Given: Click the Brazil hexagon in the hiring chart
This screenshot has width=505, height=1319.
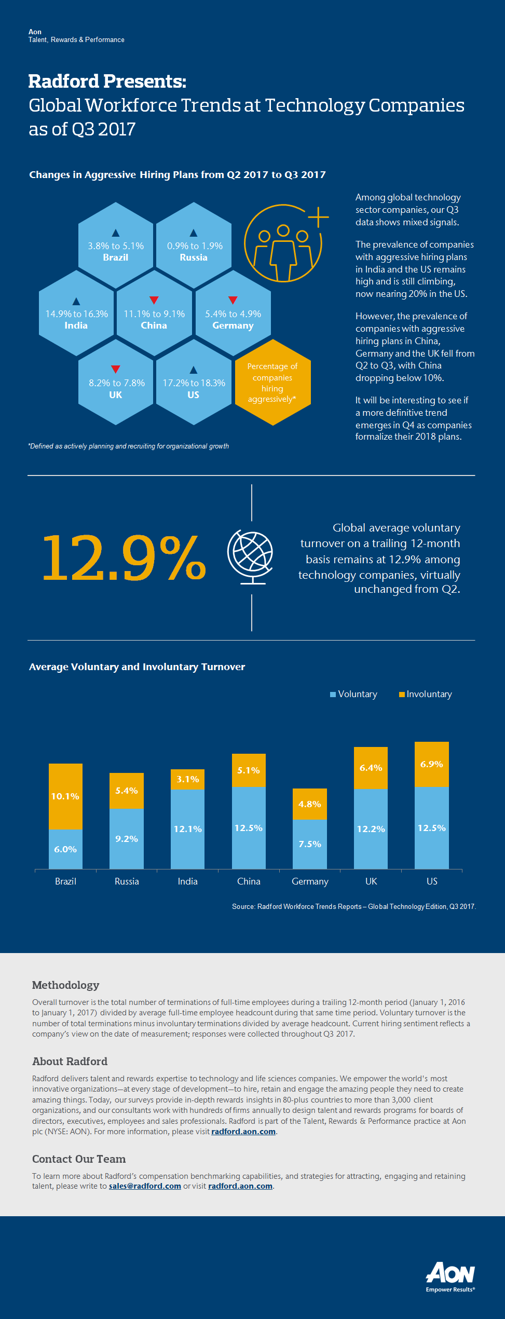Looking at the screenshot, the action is coord(116,245).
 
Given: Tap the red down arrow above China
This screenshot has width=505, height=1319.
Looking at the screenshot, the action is coord(154,300).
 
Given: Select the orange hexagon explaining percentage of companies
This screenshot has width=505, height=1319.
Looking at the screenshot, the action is coord(272,383).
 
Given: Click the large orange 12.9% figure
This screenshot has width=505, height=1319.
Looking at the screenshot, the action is coord(124,557).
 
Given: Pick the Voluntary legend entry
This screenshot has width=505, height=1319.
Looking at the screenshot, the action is coord(353,694).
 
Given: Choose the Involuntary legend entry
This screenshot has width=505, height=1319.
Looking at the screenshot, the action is coord(425,694).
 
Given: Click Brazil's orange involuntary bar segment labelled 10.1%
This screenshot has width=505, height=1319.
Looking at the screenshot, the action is coord(65,796).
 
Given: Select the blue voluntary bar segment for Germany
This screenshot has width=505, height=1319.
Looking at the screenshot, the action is coord(310,844).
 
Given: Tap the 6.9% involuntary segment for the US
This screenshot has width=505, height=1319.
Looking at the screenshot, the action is coord(432,764).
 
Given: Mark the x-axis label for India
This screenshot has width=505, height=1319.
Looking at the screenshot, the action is coord(187,881).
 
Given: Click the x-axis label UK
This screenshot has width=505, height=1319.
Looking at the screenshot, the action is coord(371,881).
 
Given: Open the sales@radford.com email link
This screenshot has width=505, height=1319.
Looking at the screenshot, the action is coord(145,1186).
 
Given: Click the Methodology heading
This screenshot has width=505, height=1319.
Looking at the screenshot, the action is coord(65,985).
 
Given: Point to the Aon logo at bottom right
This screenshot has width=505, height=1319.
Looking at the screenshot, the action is coord(451,1276).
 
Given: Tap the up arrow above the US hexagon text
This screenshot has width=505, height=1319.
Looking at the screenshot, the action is coord(194,370).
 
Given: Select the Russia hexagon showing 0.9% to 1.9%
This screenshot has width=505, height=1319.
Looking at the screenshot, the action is coord(194,245).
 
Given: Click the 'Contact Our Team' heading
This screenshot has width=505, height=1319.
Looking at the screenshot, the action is coord(79,1159).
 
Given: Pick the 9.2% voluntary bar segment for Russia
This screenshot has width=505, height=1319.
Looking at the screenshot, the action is coord(127,838).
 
